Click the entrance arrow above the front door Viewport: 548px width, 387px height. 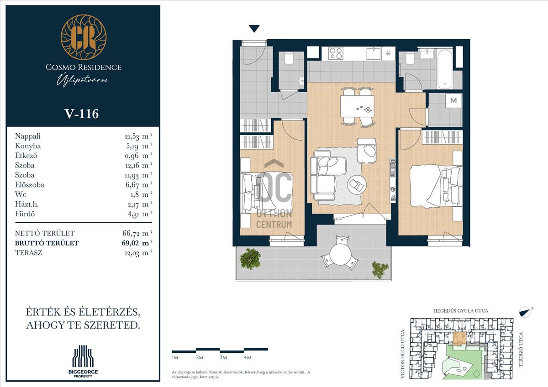click(x=254, y=29)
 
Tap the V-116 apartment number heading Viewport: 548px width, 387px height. click(x=81, y=114)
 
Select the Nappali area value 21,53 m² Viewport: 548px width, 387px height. click(x=138, y=136)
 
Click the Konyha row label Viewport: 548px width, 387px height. click(x=28, y=146)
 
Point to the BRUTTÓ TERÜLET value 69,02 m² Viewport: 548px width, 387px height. click(x=137, y=243)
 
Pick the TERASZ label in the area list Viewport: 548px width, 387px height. click(x=28, y=253)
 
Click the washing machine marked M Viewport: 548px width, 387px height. click(x=453, y=100)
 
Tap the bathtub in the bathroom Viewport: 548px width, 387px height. click(x=445, y=69)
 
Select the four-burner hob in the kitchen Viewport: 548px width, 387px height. click(x=336, y=53)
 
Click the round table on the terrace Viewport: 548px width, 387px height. click(x=340, y=254)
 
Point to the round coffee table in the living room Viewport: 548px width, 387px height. click(x=357, y=185)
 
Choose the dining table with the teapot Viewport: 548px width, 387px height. click(x=357, y=106)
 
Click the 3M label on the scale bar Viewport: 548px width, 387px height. click(x=223, y=357)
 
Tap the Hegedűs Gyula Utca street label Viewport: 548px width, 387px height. click(x=461, y=311)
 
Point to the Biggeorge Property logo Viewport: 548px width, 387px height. click(x=83, y=361)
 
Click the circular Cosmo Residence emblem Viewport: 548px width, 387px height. click(x=84, y=37)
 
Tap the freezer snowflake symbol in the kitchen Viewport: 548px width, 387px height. click(x=388, y=53)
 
